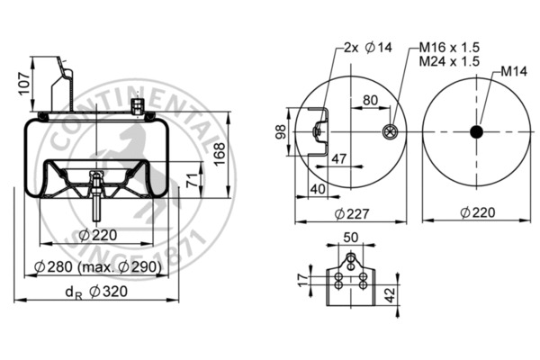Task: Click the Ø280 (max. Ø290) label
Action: pyautogui.click(x=96, y=267)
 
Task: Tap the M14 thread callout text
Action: pyautogui.click(x=514, y=71)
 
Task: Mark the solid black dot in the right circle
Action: pyautogui.click(x=475, y=132)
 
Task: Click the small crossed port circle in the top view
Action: pyautogui.click(x=389, y=132)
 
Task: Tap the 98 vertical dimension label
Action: pyautogui.click(x=280, y=133)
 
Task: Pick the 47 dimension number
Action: pyautogui.click(x=338, y=158)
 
